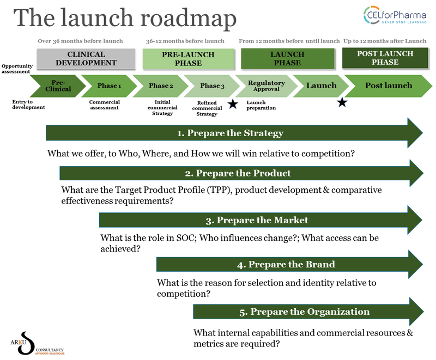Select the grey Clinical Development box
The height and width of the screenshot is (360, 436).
pos(86,58)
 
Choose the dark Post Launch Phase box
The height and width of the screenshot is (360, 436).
pos(385,58)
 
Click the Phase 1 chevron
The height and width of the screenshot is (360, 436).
pos(110,86)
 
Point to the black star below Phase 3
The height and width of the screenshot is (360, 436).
pos(233,104)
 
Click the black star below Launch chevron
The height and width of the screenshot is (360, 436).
pos(342,102)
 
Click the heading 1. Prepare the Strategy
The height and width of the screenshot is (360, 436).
pos(230,133)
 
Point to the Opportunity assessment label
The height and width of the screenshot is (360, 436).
pos(17,68)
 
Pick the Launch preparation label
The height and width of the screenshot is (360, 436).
pos(262,105)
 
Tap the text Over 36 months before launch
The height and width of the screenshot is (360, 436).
pos(80,41)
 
